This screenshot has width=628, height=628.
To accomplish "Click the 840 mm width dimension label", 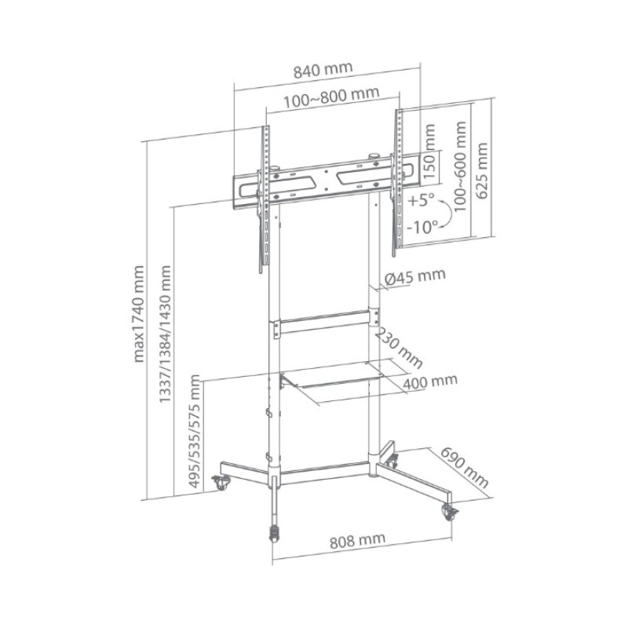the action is tap(323, 70).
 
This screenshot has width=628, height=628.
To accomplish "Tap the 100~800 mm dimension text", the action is tap(331, 97).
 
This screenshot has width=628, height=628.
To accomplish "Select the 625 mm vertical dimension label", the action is tap(482, 170).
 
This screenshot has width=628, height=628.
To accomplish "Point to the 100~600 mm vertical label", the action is tap(460, 166).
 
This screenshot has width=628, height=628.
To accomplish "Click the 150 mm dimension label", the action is tap(428, 152).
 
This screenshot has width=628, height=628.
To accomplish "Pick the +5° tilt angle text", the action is tap(421, 200).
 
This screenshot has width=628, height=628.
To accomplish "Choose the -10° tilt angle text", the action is tap(422, 227).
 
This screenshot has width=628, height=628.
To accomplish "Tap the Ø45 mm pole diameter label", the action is tap(415, 277).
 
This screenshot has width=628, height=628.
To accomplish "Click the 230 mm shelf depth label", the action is tap(398, 348).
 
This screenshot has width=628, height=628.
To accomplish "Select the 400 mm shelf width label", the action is tap(429, 382).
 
